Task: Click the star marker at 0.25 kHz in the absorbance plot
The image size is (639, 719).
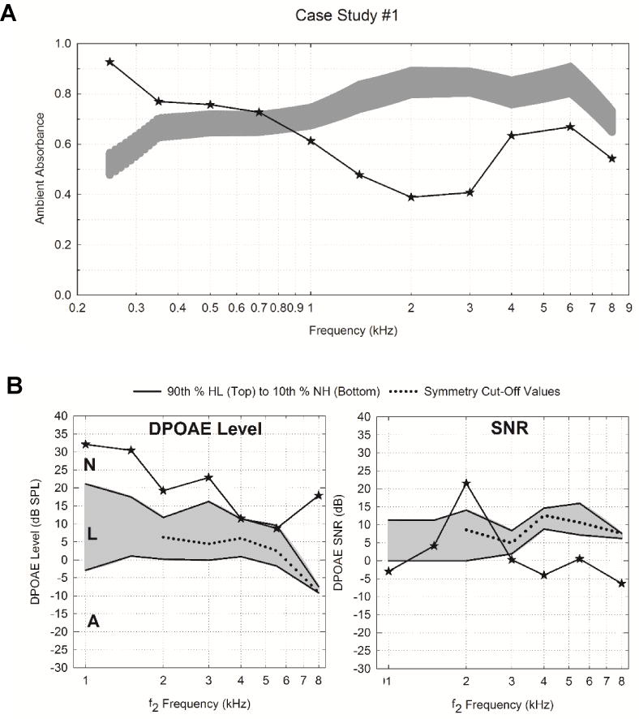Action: [109, 62]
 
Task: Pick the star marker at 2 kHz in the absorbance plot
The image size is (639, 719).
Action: [411, 197]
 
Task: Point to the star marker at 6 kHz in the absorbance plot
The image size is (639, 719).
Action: [570, 127]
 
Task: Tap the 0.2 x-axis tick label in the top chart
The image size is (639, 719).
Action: [76, 309]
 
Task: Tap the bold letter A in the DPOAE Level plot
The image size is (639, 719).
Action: [94, 621]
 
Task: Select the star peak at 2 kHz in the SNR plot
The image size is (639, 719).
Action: [465, 483]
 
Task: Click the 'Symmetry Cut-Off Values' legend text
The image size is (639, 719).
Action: [491, 391]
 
